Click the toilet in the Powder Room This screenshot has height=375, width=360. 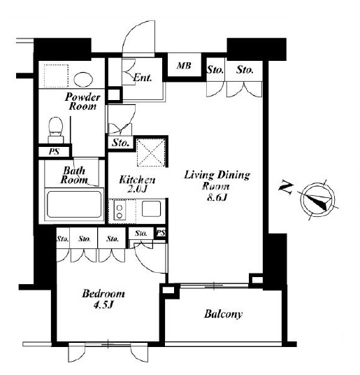(x=56, y=130)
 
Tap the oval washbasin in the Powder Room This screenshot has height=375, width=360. (x=83, y=80)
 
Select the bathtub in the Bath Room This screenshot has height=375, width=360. (x=74, y=204)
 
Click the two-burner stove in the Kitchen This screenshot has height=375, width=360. (x=120, y=211)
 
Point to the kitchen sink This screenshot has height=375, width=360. (x=151, y=208)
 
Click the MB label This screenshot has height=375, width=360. (x=184, y=66)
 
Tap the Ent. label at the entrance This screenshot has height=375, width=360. (x=143, y=78)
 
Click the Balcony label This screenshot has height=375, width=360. (x=223, y=314)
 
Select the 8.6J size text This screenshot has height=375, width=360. (x=217, y=197)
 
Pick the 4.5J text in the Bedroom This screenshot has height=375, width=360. (x=103, y=305)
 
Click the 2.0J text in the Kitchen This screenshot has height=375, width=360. (x=136, y=189)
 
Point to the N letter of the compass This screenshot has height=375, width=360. (x=286, y=188)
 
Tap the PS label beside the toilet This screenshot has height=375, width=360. (x=55, y=152)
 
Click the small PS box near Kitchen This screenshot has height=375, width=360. (x=161, y=232)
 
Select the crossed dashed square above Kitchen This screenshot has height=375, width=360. (x=151, y=153)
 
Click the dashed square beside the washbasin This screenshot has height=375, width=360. (x=57, y=76)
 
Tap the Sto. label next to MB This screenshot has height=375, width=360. (x=215, y=70)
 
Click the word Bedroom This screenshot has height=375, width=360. (x=103, y=294)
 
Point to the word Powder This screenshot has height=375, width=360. (x=82, y=97)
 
